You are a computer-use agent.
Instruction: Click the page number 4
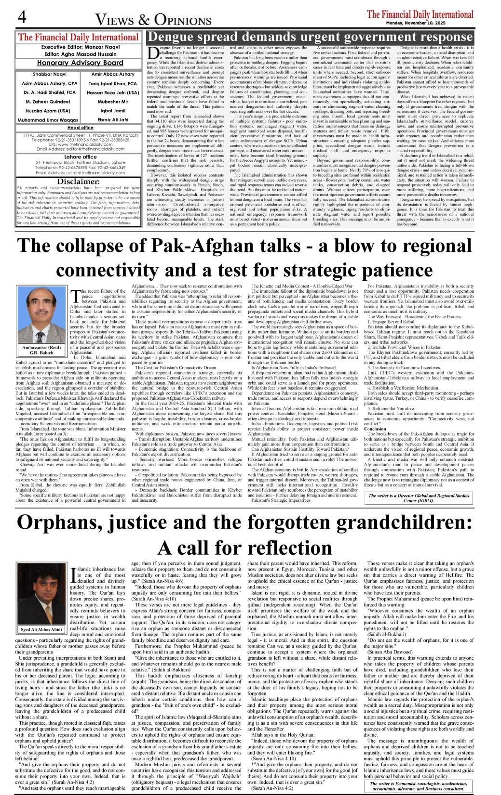[22, 18]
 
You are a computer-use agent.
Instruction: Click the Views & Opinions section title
[153, 20]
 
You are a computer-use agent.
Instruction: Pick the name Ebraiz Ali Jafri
[113, 120]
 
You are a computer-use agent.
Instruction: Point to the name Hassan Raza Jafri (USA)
[113, 92]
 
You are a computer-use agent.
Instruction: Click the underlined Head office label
[80, 128]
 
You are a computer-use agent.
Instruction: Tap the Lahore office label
[80, 156]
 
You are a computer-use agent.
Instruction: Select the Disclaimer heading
[78, 182]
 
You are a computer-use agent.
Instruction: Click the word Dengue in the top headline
[175, 37]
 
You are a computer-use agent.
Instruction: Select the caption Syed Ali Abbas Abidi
[41, 629]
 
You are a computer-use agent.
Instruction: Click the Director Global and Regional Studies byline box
[419, 498]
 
